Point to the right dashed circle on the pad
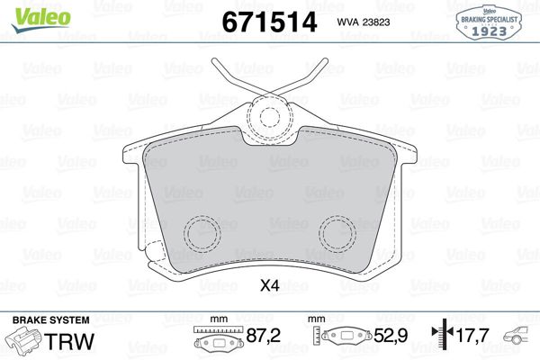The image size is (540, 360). click(x=338, y=235)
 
